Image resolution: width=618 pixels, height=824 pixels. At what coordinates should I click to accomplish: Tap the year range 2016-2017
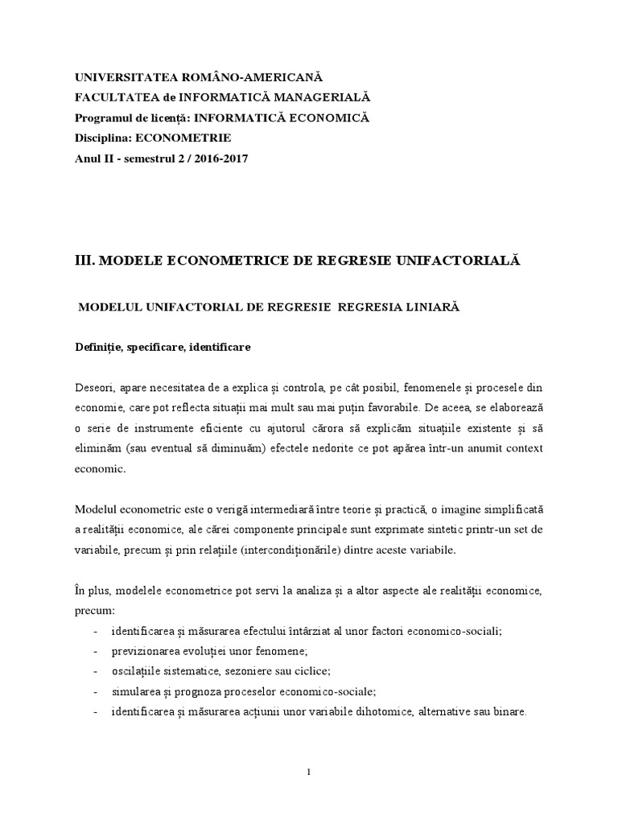click(218, 159)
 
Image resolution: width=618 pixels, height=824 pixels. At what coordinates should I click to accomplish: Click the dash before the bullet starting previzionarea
click(97, 651)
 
